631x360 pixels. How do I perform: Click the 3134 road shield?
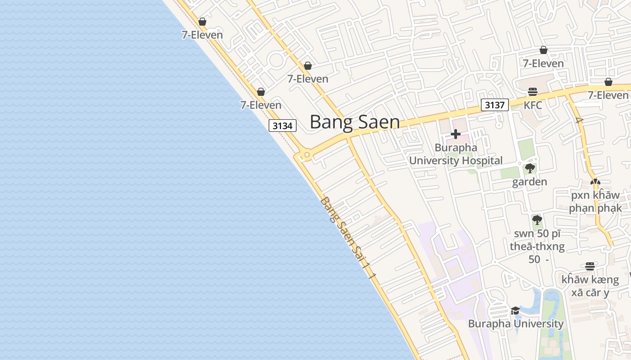283,126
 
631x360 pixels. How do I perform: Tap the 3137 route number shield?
494,105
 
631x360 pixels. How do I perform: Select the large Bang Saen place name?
355,122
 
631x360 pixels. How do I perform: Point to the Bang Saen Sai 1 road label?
347,237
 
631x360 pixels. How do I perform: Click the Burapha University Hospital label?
456,154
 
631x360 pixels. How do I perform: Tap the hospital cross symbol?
455,134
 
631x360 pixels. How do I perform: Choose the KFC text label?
533,105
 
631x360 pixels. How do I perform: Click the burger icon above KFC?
533,92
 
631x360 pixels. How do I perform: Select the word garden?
530,182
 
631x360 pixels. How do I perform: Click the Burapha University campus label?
516,324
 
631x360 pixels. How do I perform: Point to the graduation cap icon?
515,310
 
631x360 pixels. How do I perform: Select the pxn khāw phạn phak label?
595,202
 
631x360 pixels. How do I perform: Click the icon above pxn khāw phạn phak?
595,182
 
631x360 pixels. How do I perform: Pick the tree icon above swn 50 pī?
537,220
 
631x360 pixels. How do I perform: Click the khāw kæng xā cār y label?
590,286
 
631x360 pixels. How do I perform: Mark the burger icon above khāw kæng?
590,266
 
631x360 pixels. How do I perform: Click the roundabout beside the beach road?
306,156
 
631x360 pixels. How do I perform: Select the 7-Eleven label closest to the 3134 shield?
261,105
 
